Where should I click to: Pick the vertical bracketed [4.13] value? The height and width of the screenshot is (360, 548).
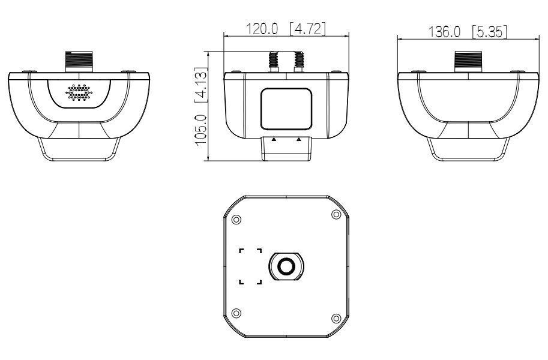202,85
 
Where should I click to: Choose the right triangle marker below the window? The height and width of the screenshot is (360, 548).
298,139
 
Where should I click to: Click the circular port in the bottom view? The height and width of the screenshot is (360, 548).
286,266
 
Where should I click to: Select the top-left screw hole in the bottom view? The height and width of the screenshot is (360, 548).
236,218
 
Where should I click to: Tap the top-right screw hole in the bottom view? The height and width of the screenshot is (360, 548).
336,216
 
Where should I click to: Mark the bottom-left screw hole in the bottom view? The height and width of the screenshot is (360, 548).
236,313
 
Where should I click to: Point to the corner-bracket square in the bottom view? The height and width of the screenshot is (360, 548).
251,266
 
